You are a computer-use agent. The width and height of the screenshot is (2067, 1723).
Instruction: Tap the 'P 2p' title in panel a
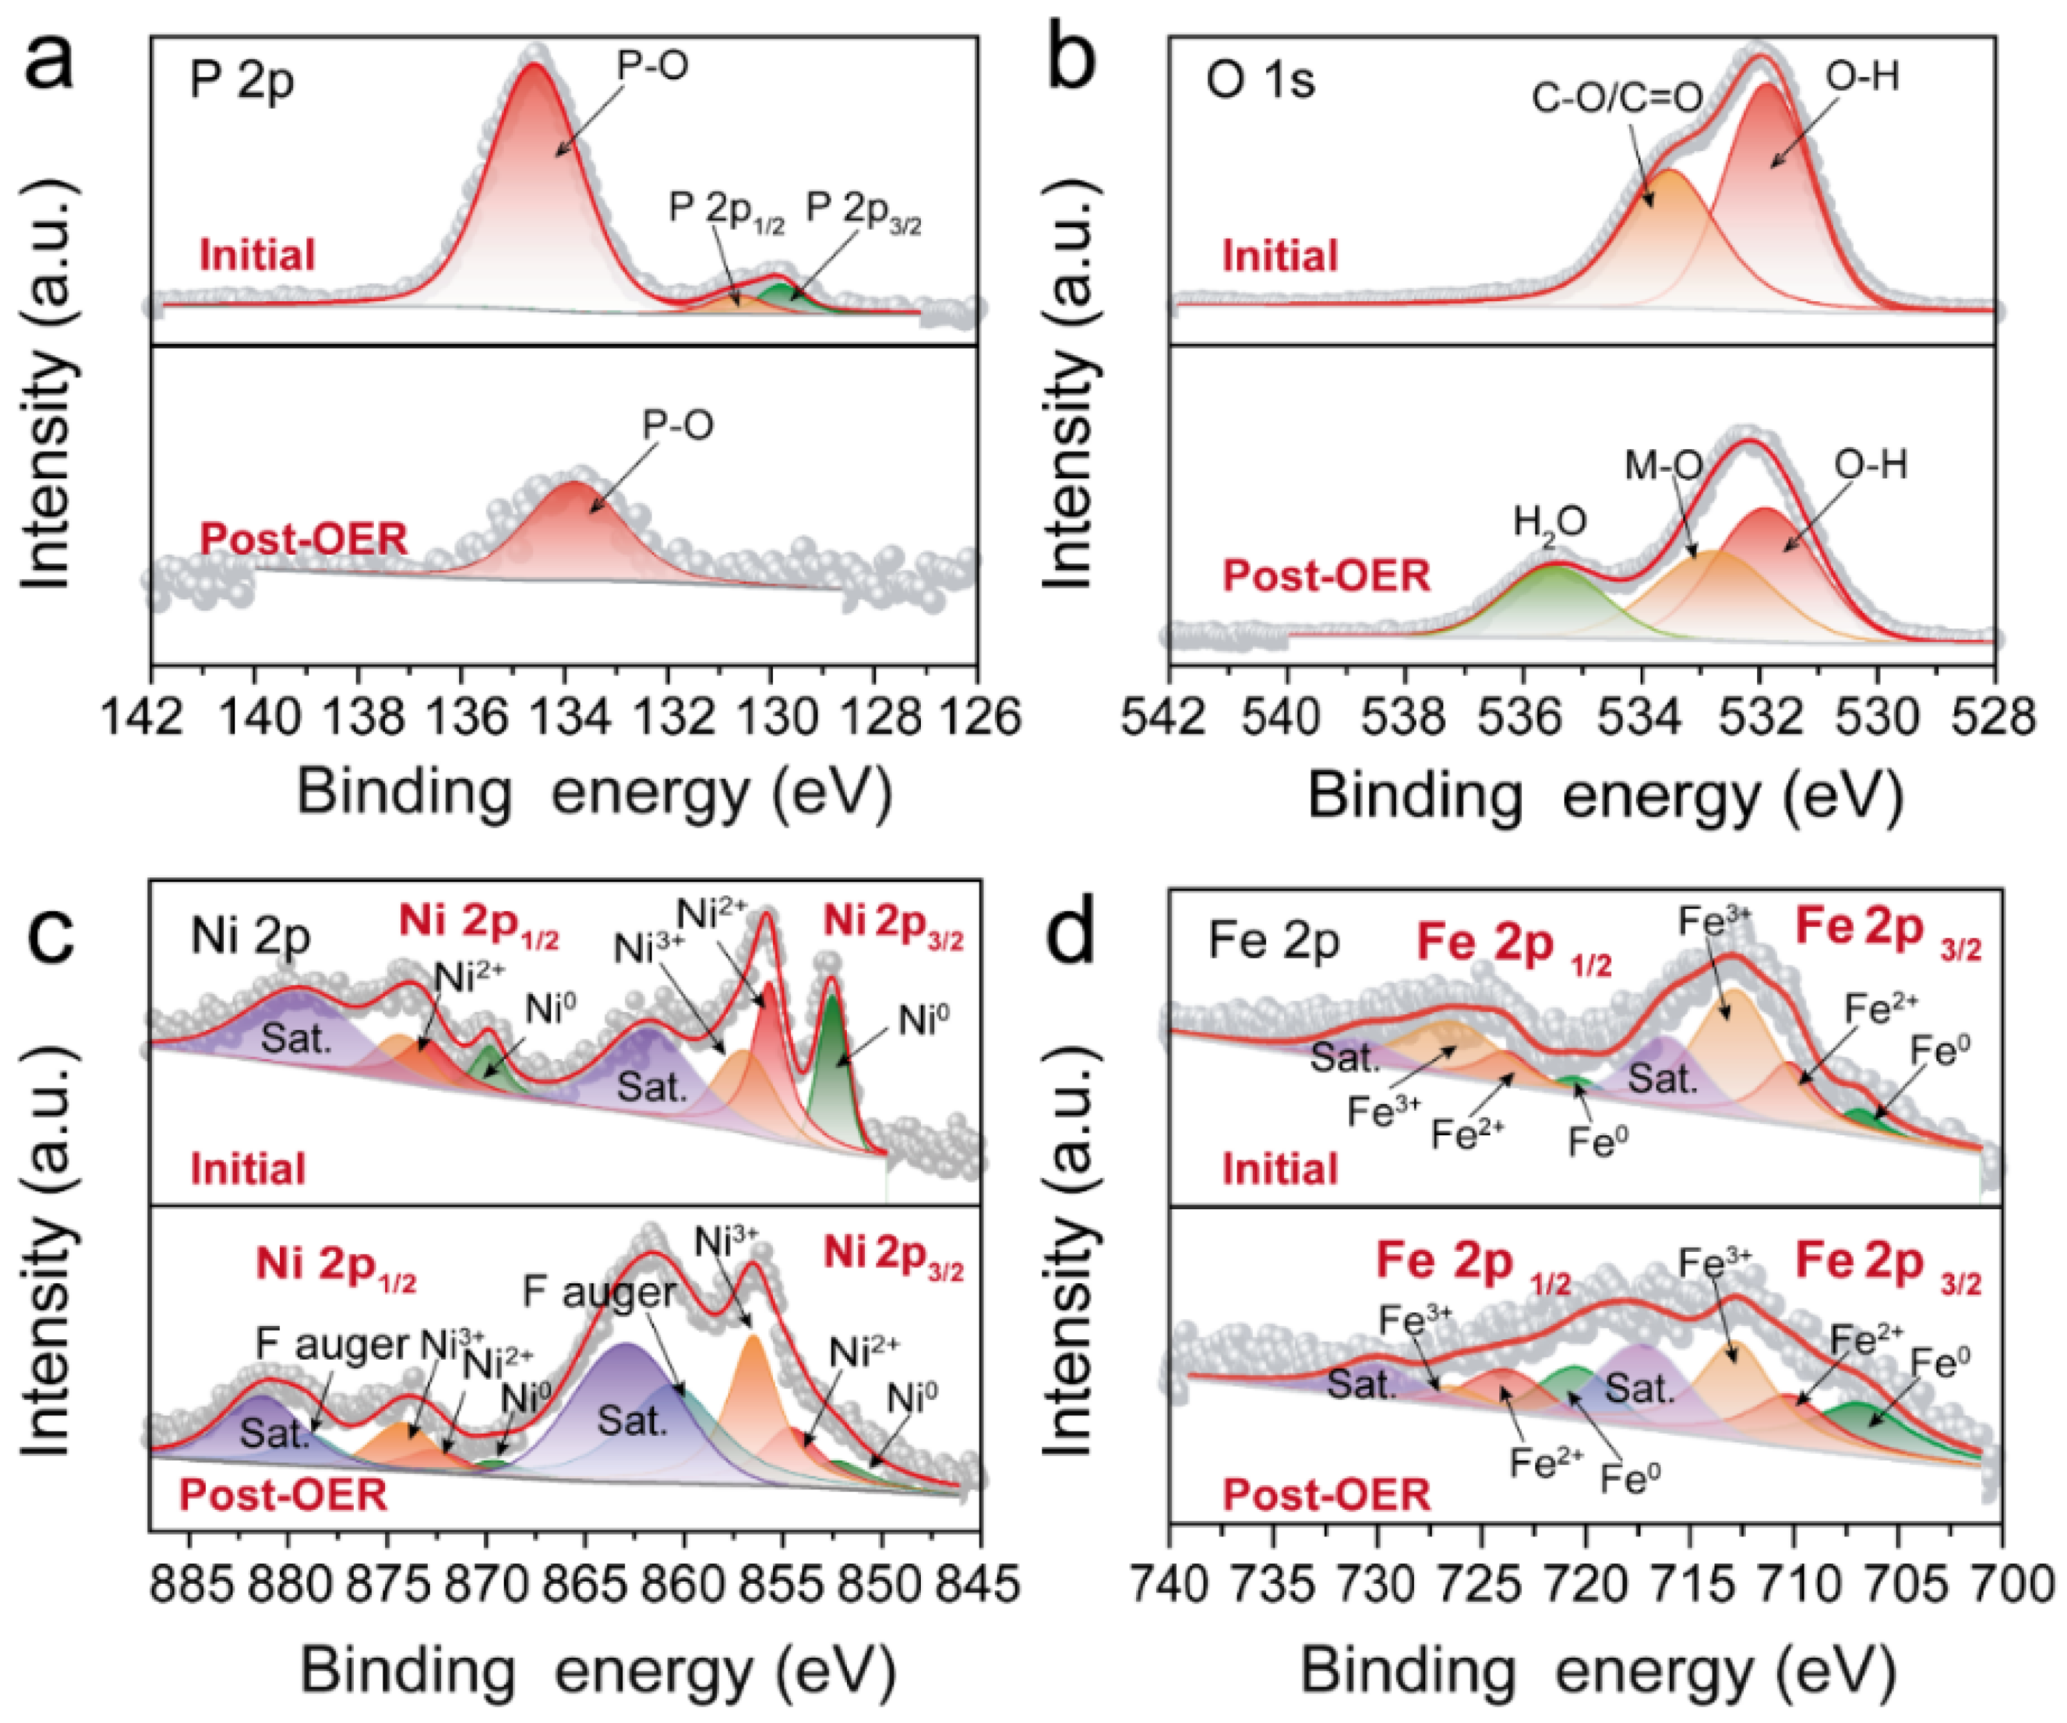(x=241, y=81)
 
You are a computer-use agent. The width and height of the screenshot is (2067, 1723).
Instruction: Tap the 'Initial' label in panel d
(x=1280, y=1169)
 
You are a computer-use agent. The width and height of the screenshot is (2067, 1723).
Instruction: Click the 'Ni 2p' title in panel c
(x=250, y=937)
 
